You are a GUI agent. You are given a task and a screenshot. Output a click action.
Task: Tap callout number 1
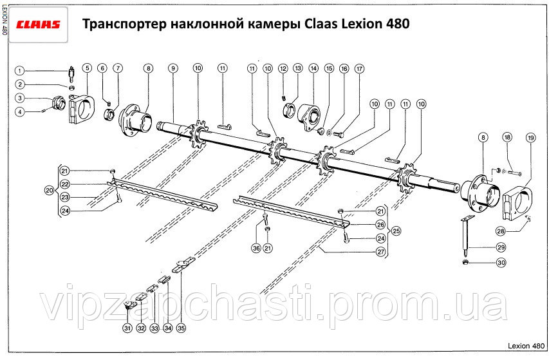tap(20, 71)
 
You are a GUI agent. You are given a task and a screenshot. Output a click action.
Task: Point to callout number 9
tap(173, 68)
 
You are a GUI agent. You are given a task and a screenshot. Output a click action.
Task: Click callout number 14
tap(313, 68)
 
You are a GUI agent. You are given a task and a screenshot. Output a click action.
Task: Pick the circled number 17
tap(359, 68)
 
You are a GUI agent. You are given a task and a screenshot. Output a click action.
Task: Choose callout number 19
tap(530, 137)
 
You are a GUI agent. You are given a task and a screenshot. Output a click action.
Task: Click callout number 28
tap(500, 231)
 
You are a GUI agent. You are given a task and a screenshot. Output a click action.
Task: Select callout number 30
tap(501, 262)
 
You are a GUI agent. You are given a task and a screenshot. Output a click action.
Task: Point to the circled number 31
tap(127, 328)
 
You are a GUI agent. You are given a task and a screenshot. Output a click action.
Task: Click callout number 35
tap(181, 328)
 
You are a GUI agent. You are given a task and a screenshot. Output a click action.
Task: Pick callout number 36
tap(256, 248)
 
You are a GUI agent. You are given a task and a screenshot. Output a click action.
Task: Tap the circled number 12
tap(282, 68)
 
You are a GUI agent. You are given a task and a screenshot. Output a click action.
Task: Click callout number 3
tap(20, 98)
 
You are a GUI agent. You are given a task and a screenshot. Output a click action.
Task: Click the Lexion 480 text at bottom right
tap(526, 346)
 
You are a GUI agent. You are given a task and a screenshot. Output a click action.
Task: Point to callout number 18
tap(507, 137)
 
